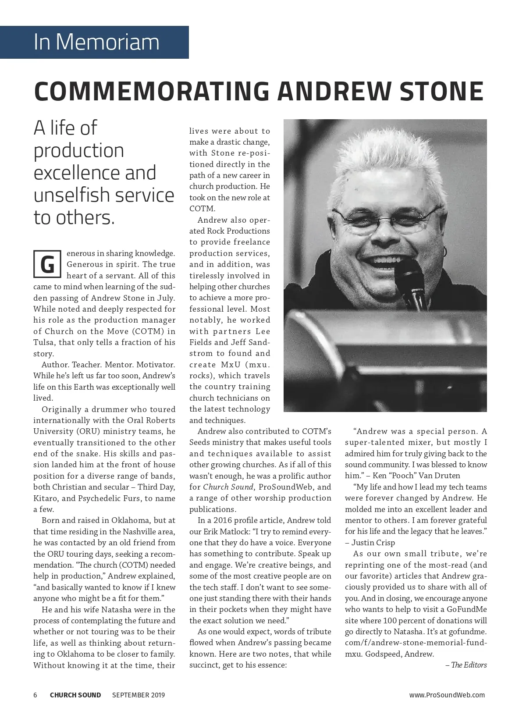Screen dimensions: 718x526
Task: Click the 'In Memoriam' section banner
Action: tap(96, 42)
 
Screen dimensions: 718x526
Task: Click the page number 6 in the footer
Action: tap(36, 695)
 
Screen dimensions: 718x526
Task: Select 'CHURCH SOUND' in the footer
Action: tap(75, 695)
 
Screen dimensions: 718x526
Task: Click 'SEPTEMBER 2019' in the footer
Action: tap(139, 695)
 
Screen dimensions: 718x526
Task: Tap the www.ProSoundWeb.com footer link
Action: tap(447, 695)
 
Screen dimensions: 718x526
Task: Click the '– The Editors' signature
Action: tap(466, 665)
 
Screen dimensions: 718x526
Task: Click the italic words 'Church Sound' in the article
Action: tap(228, 487)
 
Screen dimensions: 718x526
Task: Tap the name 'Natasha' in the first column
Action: tap(116, 609)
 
